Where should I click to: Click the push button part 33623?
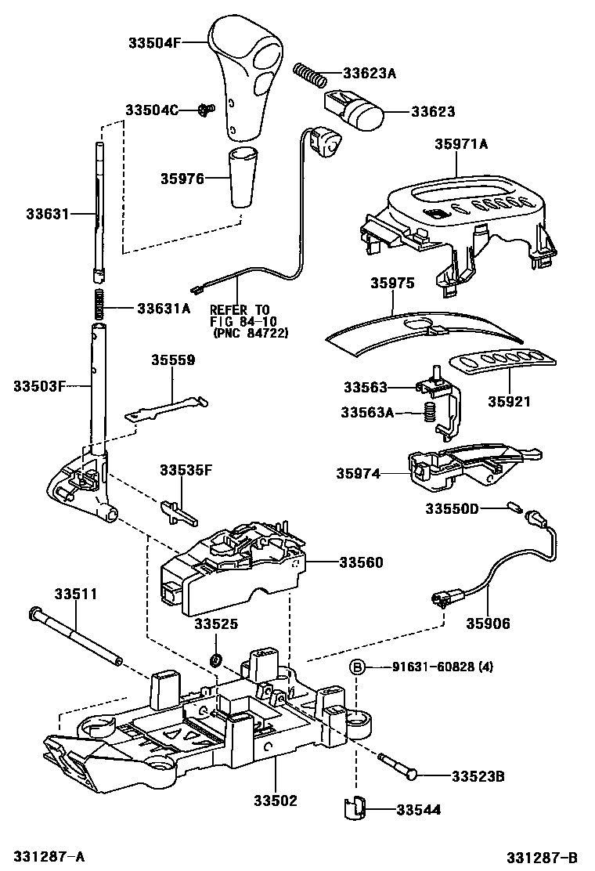tap(355, 112)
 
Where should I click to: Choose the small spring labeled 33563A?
tap(428, 411)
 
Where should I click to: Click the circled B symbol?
tap(357, 667)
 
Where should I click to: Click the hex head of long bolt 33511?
tap(33, 613)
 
